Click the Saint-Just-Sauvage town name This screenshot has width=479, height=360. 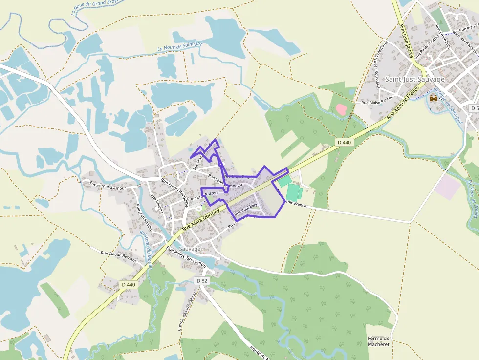pyautogui.click(x=415, y=79)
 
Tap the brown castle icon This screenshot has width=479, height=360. pyautogui.click(x=434, y=99)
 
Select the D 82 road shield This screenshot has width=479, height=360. pyautogui.click(x=202, y=281)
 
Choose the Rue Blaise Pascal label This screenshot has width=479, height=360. pyautogui.click(x=376, y=103)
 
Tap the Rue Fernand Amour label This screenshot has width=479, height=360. pyautogui.click(x=108, y=186)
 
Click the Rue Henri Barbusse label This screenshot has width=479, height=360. pyautogui.click(x=175, y=191)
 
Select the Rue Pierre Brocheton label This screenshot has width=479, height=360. pyautogui.click(x=186, y=257)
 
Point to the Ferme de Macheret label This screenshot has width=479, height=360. pyautogui.click(x=379, y=341)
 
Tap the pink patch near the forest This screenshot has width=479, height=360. pyautogui.click(x=342, y=109)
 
